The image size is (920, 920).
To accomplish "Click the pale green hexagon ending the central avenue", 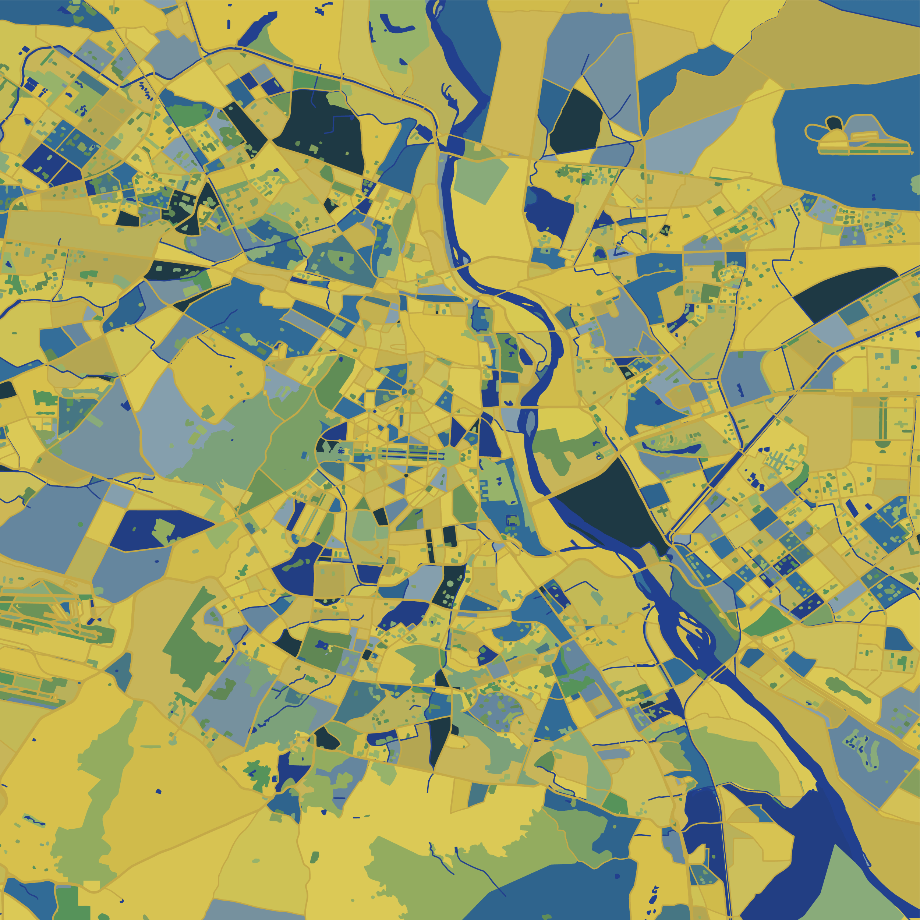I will pyautogui.click(x=450, y=457).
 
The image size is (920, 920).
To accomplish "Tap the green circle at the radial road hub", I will pyautogui.click(x=411, y=392).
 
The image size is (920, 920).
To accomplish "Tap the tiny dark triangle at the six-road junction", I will pyautogui.click(x=406, y=475).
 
